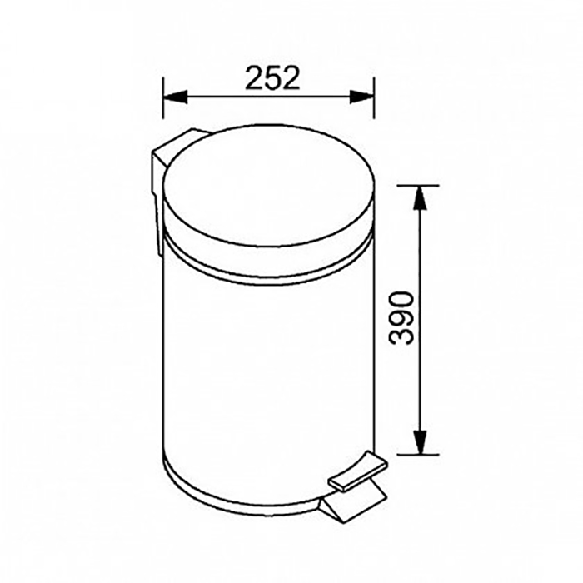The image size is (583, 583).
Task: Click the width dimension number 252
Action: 272,78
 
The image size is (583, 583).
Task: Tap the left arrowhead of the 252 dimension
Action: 175,97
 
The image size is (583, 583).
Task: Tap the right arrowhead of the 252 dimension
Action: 361,97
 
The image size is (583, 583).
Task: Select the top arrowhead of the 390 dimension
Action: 420,197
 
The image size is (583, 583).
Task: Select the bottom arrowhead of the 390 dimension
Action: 420,442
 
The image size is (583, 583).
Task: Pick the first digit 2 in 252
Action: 254,78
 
